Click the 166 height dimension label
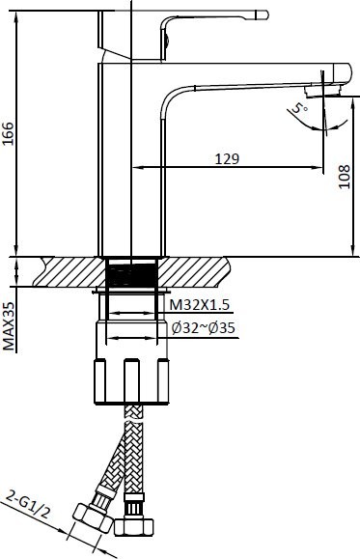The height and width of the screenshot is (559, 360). [8, 133]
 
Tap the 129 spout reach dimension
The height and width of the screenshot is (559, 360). [227, 158]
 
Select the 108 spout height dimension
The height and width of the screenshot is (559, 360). [344, 177]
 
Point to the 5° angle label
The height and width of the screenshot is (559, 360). [298, 107]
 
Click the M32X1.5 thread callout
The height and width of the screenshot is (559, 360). [199, 305]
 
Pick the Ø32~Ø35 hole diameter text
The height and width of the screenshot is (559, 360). [204, 328]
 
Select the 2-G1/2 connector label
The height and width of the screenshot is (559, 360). [29, 505]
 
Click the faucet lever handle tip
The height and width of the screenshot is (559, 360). [264, 15]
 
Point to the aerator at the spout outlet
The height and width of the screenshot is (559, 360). [323, 91]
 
